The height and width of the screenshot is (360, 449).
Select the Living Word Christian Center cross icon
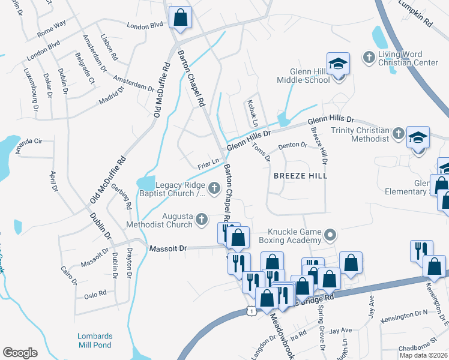(x=369, y=58)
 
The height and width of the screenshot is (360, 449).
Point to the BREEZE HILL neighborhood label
(x=300, y=176)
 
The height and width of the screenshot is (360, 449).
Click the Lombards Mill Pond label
(x=94, y=340)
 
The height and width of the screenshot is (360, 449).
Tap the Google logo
(x=20, y=353)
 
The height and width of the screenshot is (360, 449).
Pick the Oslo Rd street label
(x=95, y=294)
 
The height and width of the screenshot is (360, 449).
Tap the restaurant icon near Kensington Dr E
(x=420, y=250)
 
